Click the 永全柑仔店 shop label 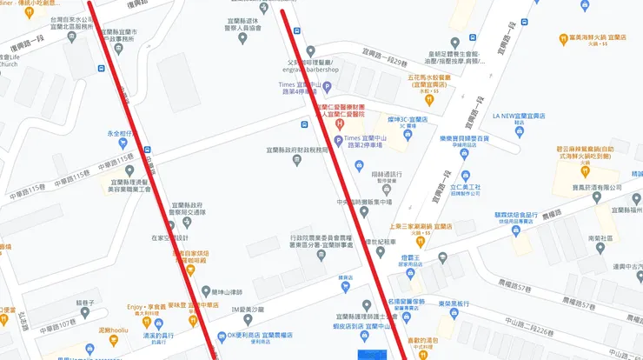119,134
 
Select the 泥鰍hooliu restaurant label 113,331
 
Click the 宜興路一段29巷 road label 381,63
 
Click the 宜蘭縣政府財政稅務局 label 298,150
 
